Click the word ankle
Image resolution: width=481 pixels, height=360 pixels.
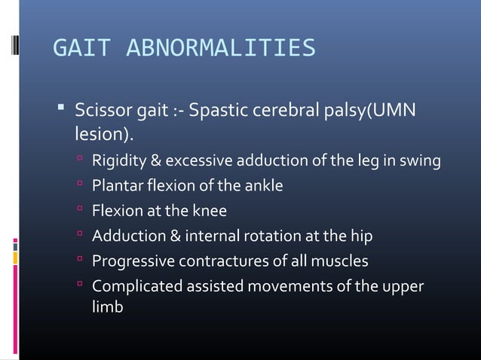click(263, 185)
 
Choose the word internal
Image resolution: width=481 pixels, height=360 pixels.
click(212, 236)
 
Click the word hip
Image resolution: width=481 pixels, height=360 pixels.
click(361, 236)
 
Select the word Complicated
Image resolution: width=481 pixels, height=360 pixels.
click(134, 287)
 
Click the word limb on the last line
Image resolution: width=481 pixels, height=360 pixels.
click(107, 307)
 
